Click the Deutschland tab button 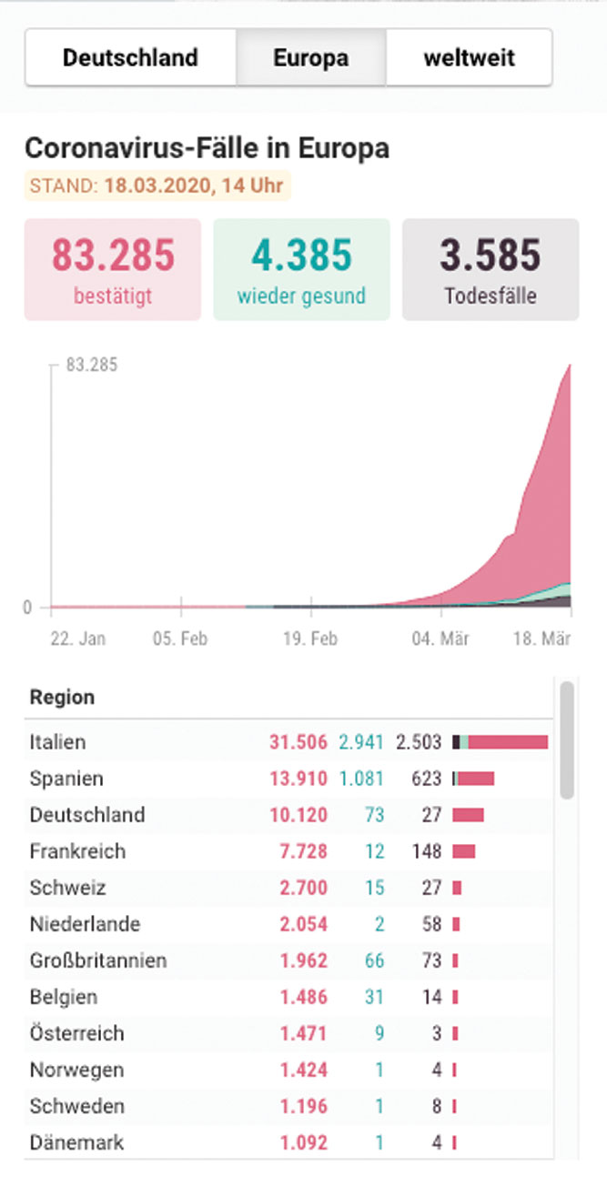coord(130,57)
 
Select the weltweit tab coord(470,57)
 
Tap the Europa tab coord(311,57)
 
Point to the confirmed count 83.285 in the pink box coord(113,256)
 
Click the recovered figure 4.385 coord(301,256)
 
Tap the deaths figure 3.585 coord(491,256)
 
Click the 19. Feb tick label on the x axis coord(310,638)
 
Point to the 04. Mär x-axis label coord(440,638)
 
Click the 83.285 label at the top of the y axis coord(92,365)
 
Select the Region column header coord(62,698)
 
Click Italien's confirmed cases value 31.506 coord(298,742)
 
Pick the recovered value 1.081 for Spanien coord(361,779)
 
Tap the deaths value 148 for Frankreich coord(427,851)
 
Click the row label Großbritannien coord(98,960)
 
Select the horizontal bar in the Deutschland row coord(469,815)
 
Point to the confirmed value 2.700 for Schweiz coord(304,888)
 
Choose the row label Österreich coord(77,1033)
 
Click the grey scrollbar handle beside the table coord(567,740)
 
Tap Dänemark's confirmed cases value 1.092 coord(304,1142)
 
